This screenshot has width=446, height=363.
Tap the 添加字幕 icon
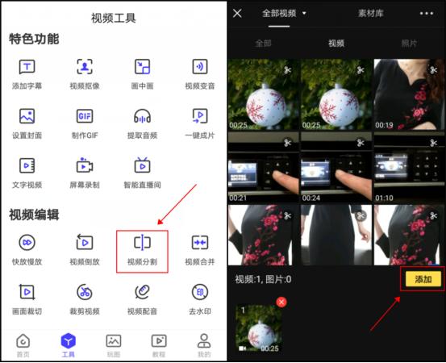coord(27,68)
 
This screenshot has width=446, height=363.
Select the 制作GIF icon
coord(84,117)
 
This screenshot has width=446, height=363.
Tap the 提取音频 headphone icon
coord(142,117)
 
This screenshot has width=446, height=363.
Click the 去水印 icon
coord(199,292)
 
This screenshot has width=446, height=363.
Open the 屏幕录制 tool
coord(84,166)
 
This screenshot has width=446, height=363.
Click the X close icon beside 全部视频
coord(238,14)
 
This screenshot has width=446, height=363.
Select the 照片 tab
coord(411,43)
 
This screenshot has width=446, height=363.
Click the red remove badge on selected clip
coord(281,302)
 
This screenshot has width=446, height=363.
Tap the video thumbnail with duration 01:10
coord(409,168)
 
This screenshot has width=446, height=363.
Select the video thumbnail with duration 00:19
coord(409,94)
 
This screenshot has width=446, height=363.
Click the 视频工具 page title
coord(114,17)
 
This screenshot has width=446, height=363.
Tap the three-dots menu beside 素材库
coord(426,14)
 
